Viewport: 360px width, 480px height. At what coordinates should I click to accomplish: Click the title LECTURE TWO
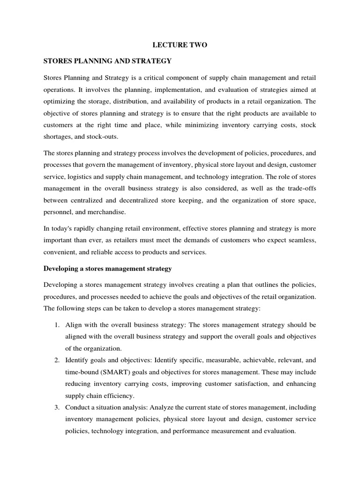click(x=180, y=45)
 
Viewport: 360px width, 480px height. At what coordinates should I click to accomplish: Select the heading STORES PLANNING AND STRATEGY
click(x=107, y=61)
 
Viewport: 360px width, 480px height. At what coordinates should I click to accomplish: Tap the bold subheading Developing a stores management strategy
click(x=107, y=269)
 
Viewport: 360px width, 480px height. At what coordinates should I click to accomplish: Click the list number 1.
click(x=56, y=324)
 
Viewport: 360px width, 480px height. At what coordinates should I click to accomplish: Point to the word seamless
click(x=301, y=240)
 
